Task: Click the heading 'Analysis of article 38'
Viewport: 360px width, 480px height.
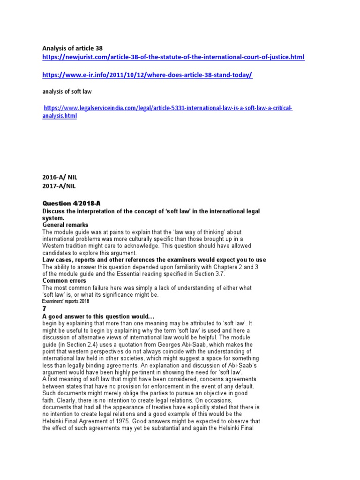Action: pos(72,48)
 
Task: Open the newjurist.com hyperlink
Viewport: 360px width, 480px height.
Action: pos(173,57)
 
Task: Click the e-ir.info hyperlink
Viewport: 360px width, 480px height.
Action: pos(147,75)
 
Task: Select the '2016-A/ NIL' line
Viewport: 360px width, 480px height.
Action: pos(59,178)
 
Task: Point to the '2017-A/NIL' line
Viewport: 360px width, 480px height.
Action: pos(58,187)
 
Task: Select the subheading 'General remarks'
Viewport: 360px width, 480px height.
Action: pos(65,225)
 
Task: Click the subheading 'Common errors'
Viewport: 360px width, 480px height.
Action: pos(64,281)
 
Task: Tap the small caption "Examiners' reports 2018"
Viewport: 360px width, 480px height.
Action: pos(66,301)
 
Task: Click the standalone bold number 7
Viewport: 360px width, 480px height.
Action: pos(45,309)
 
